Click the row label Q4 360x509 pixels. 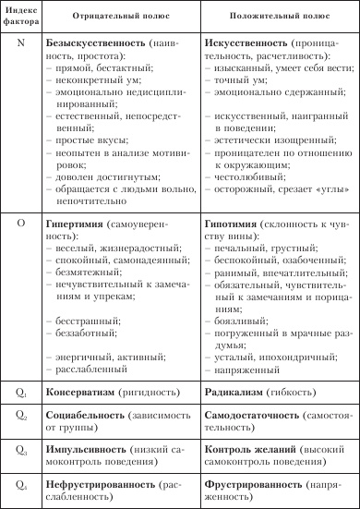point(20,482)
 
